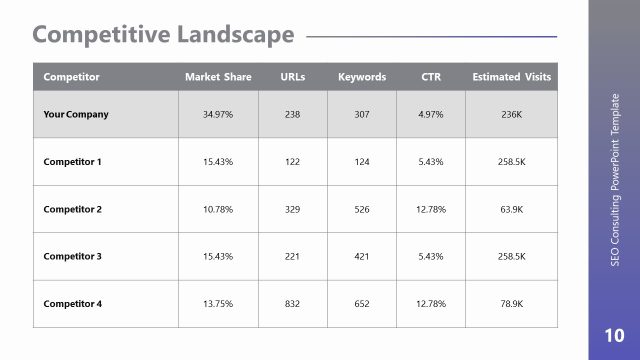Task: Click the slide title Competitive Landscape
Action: tap(163, 35)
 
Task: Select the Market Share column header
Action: tap(218, 77)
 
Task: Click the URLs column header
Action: tap(293, 77)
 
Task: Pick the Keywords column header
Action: tap(362, 77)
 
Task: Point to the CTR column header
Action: tap(431, 77)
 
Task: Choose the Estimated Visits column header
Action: tap(511, 77)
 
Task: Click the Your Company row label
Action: tap(76, 114)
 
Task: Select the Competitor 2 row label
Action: tap(73, 209)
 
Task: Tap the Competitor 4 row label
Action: tap(73, 304)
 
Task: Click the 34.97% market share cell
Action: tap(218, 114)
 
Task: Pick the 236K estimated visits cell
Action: tap(511, 114)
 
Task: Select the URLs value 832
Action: tap(293, 304)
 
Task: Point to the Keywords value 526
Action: tap(362, 209)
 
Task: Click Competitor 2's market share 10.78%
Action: tap(218, 209)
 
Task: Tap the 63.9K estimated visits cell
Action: tap(511, 209)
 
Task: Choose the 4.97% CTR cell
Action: tap(431, 114)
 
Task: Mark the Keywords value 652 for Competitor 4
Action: tap(362, 304)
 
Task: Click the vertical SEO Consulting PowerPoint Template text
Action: tap(614, 179)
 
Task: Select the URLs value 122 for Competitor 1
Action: tap(293, 161)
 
